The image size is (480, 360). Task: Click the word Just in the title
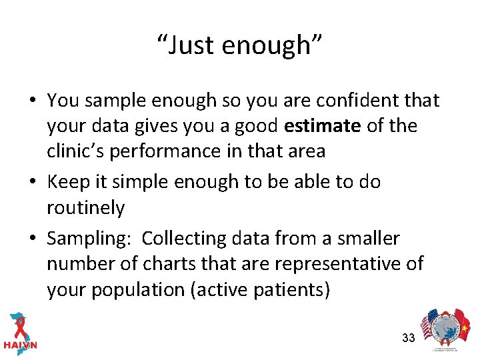click(x=191, y=45)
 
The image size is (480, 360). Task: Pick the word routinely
click(x=85, y=208)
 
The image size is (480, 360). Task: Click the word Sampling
click(x=89, y=239)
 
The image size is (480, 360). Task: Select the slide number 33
click(x=409, y=338)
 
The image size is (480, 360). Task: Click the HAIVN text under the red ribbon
click(x=21, y=345)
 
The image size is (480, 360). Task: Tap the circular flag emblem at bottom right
click(x=444, y=331)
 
